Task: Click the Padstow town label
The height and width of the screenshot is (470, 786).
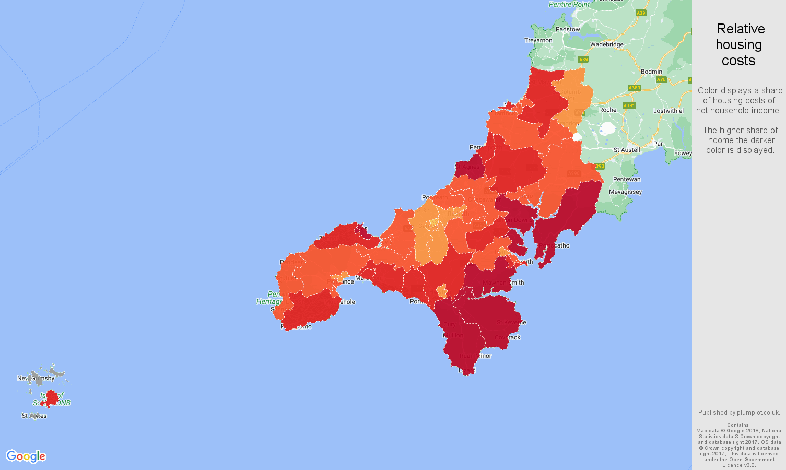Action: [568, 29]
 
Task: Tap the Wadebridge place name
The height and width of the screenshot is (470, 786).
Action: [607, 44]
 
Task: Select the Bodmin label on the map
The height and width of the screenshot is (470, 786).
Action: [651, 72]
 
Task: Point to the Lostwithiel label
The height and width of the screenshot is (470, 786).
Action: [668, 111]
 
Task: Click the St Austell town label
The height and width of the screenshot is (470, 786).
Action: [627, 150]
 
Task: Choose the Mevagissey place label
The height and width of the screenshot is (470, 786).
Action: [626, 192]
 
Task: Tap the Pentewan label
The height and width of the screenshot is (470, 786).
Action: [627, 179]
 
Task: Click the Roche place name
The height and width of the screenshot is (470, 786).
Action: [608, 110]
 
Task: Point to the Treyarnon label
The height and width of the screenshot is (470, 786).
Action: [538, 40]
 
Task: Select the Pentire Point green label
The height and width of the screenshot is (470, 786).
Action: [570, 4]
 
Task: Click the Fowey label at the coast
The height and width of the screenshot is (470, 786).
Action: [683, 153]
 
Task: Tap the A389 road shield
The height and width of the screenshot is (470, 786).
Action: [635, 88]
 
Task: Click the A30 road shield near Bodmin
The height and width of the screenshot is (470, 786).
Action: [661, 79]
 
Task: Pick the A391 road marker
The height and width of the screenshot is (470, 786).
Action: [629, 105]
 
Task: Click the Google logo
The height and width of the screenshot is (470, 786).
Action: [26, 456]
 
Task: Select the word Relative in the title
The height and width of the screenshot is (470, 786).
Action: [741, 29]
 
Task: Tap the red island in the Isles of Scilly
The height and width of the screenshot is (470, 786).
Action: [51, 398]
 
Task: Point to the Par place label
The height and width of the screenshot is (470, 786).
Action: [658, 144]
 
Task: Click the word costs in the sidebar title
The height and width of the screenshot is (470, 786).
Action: [738, 61]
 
